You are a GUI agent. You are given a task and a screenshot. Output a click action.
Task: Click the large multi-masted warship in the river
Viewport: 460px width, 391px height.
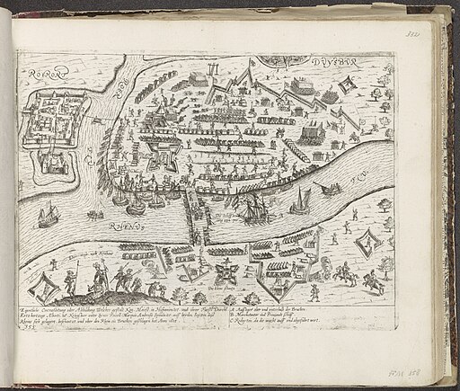[256, 211]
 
